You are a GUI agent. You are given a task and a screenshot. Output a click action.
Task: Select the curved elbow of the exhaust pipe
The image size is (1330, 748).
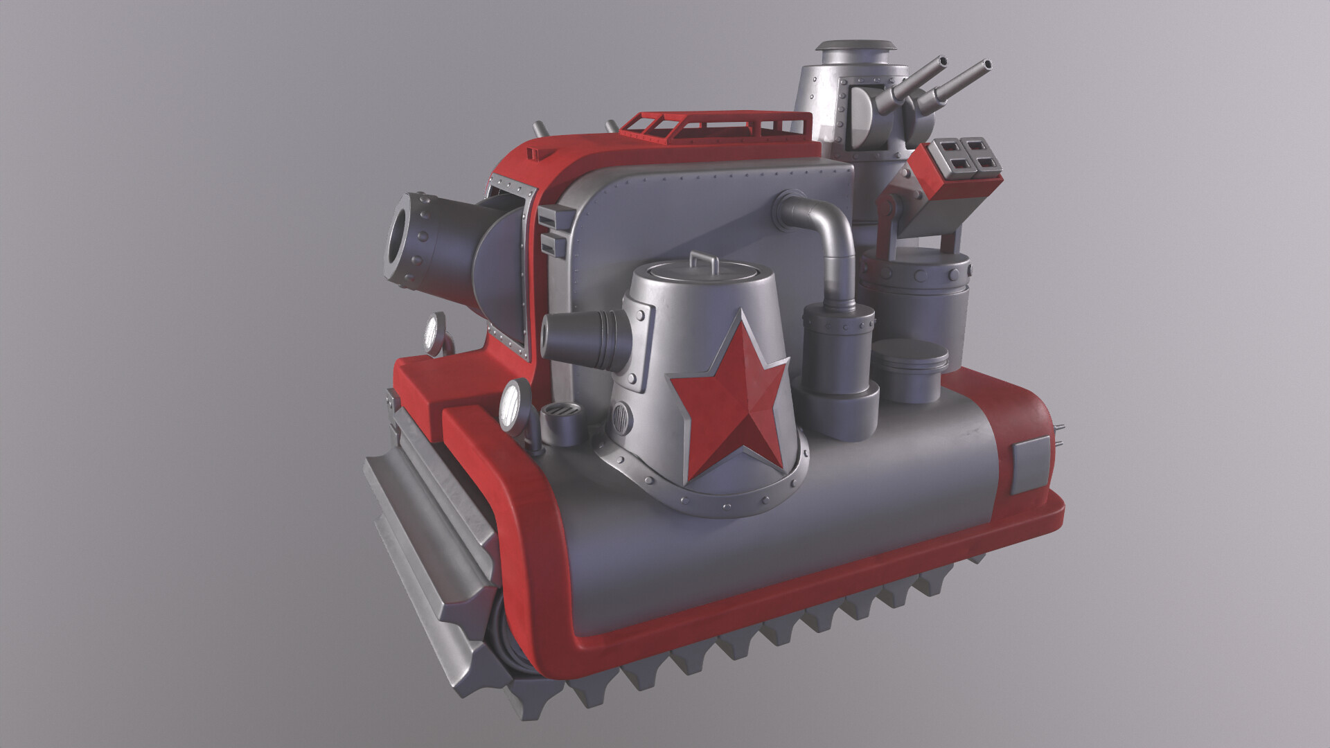(828, 219)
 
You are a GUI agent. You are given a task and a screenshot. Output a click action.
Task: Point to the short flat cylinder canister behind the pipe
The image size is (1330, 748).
(909, 371)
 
